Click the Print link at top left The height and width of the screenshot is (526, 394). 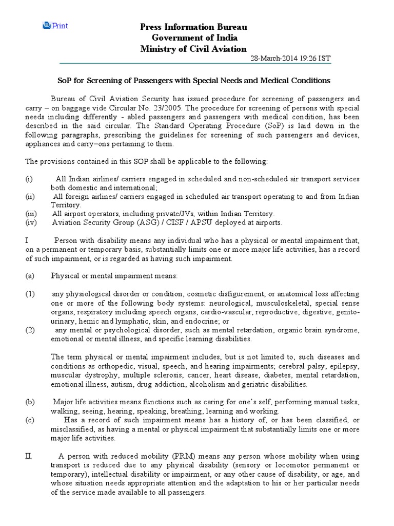[x=60, y=26]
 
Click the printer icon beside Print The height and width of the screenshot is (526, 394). [x=46, y=25]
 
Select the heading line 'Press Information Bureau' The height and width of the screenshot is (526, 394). [x=194, y=27]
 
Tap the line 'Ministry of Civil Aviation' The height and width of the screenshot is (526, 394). [x=194, y=49]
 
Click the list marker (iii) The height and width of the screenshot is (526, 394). [x=32, y=214]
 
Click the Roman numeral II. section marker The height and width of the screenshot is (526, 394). [x=29, y=456]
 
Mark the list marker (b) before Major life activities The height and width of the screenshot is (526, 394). [x=30, y=402]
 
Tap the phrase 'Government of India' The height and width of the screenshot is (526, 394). [x=194, y=37]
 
